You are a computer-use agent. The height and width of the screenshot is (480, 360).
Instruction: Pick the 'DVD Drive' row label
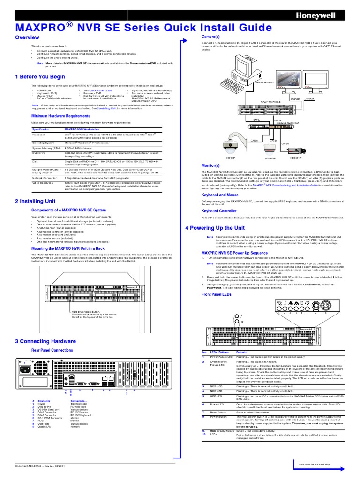38,153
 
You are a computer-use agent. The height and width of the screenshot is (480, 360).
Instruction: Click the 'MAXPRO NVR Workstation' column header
82,128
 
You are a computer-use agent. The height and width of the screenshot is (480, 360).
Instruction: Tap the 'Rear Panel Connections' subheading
52,350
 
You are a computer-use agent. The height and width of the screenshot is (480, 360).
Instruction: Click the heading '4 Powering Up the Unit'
215,228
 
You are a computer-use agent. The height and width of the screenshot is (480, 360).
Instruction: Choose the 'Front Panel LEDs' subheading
216,294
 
